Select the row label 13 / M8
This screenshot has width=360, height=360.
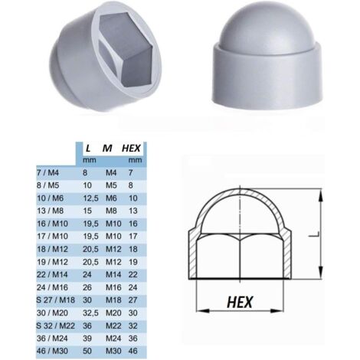[47, 207]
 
